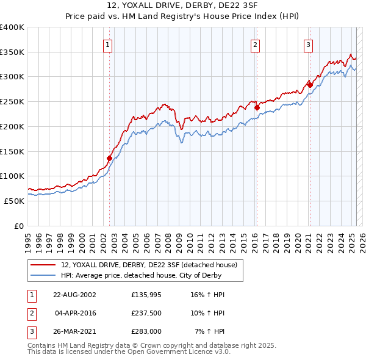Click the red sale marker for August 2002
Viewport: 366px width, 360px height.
tap(110, 158)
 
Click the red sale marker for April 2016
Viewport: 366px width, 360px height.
tap(257, 108)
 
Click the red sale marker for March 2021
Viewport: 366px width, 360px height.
tap(310, 85)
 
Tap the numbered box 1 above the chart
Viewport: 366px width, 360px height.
tap(107, 44)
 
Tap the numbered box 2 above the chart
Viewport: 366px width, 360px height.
tap(254, 44)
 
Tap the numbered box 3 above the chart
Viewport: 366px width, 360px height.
tap(308, 44)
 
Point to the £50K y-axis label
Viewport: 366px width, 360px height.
tap(14, 201)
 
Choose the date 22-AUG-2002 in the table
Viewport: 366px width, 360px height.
tap(75, 295)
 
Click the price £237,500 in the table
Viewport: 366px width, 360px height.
tap(146, 313)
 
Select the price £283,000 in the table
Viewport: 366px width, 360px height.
tap(146, 331)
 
